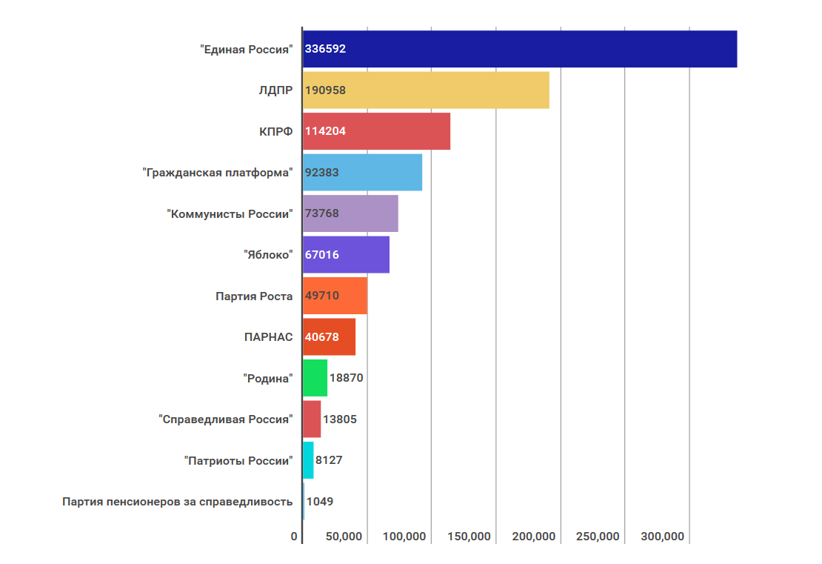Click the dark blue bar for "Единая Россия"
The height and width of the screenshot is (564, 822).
[x=519, y=49]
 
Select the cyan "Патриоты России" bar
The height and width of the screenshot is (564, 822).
[x=308, y=460]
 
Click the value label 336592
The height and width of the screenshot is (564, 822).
[x=326, y=49]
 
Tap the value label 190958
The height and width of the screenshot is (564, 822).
[x=326, y=90]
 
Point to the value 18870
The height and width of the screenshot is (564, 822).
[x=346, y=378]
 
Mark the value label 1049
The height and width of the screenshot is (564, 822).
[x=320, y=502]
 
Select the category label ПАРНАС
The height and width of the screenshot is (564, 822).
[x=268, y=337]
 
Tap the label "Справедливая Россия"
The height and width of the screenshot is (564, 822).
[x=226, y=419]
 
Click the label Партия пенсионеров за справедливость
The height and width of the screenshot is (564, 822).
[x=178, y=502]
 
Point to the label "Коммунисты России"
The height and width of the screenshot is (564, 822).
[x=230, y=213]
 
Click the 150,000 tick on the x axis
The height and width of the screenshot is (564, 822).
[x=470, y=537]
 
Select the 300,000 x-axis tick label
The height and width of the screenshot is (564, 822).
[x=663, y=537]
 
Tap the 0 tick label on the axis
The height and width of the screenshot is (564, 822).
[x=294, y=537]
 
